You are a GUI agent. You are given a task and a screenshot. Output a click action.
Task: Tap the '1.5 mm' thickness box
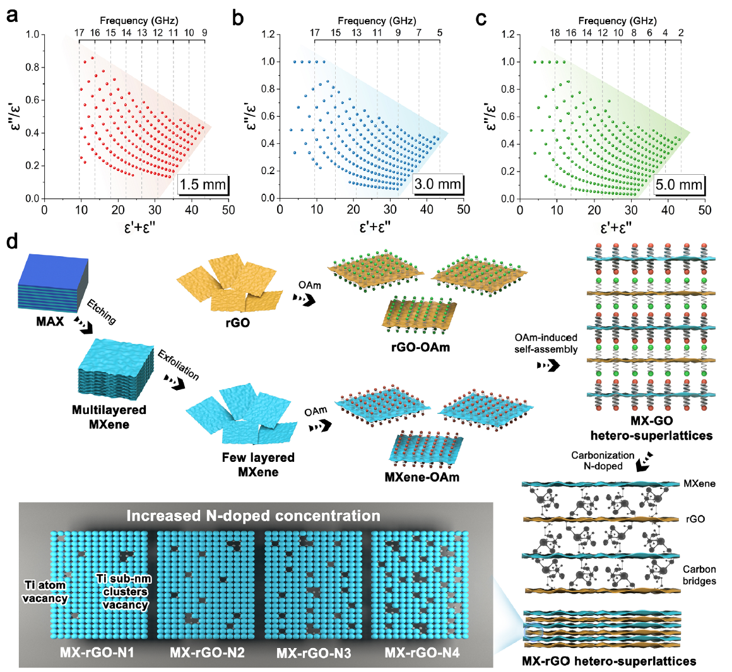pyautogui.click(x=203, y=185)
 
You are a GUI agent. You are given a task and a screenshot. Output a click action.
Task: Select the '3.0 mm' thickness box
pyautogui.click(x=439, y=185)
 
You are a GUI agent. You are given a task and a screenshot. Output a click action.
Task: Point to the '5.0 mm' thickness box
pyautogui.click(x=679, y=185)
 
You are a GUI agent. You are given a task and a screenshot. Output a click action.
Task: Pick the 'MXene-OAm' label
pyautogui.click(x=422, y=477)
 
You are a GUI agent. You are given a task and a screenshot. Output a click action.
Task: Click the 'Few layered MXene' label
pyautogui.click(x=258, y=464)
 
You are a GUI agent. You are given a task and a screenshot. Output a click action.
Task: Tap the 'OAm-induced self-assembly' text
pyautogui.click(x=546, y=343)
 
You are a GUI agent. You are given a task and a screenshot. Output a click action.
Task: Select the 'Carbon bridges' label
pyautogui.click(x=699, y=575)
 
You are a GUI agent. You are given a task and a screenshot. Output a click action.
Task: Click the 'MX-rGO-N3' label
pyautogui.click(x=314, y=653)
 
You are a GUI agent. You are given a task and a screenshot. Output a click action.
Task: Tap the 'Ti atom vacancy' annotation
pyautogui.click(x=45, y=592)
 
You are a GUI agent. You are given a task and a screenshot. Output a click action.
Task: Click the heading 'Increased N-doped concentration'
pyautogui.click(x=253, y=516)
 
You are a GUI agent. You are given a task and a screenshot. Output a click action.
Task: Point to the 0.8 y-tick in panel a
pyautogui.click(x=32, y=67)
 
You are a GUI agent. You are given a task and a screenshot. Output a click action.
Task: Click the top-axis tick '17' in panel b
pyautogui.click(x=314, y=33)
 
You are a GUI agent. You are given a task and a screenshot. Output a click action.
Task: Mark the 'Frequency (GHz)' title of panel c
pyautogui.click(x=618, y=21)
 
